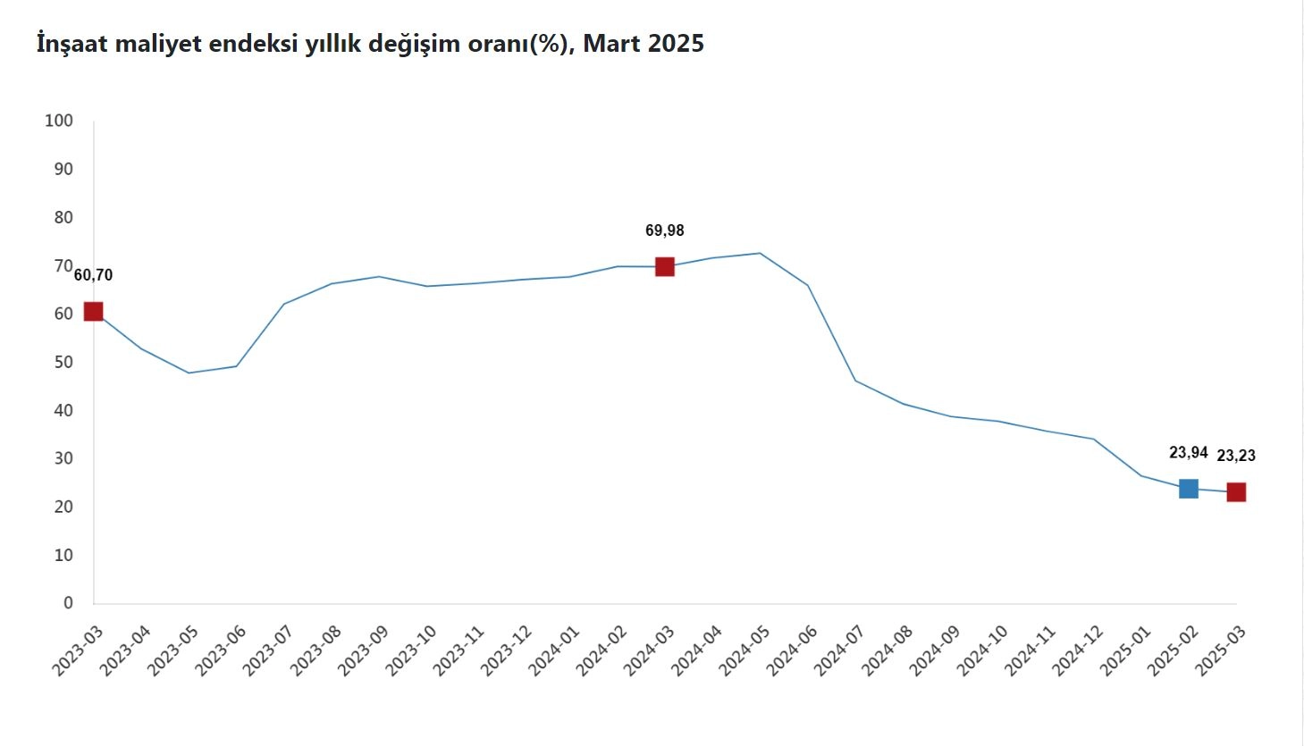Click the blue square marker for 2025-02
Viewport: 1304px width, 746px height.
click(1188, 489)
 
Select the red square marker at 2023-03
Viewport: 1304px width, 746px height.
click(93, 311)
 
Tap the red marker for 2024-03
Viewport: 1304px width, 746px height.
click(664, 266)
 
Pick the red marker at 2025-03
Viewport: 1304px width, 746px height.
click(1236, 492)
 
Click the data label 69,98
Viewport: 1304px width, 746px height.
click(664, 231)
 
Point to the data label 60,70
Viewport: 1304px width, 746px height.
click(93, 275)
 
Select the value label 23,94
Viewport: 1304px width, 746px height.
click(1188, 453)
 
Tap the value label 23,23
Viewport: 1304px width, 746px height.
click(1236, 456)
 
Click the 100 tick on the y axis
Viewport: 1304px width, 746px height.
click(59, 121)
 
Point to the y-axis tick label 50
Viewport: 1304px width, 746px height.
click(63, 362)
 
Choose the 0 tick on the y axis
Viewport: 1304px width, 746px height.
click(68, 603)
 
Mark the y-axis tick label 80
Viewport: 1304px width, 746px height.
click(63, 217)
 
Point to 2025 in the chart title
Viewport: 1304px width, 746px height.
click(676, 43)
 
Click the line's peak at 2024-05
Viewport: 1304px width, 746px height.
click(760, 253)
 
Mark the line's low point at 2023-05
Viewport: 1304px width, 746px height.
click(189, 373)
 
